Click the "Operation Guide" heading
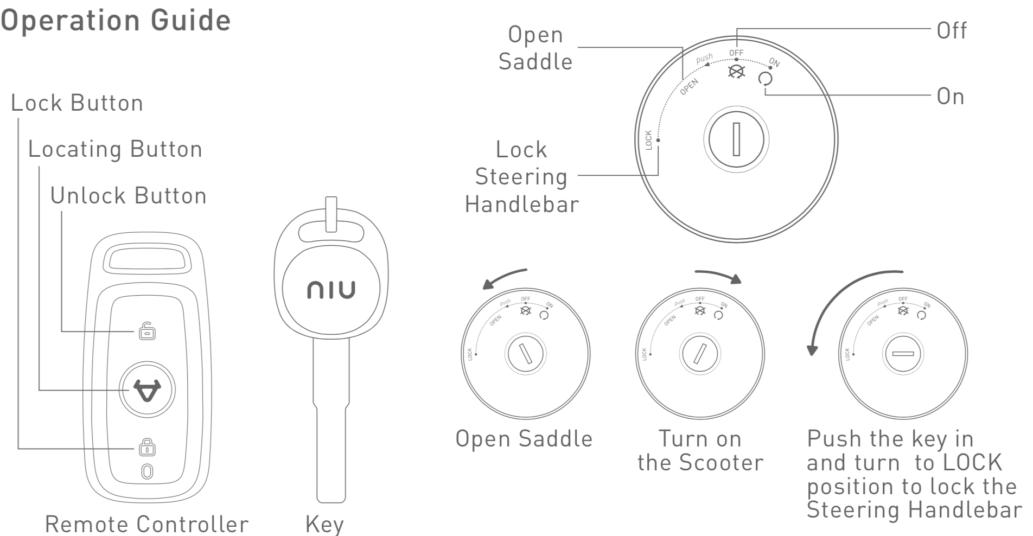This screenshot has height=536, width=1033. tap(116, 21)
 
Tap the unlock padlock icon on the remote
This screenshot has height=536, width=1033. tap(146, 331)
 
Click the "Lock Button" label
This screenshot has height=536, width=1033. tap(77, 103)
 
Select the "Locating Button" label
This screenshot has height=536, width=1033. tap(115, 149)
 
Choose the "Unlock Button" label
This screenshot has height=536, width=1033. tap(129, 196)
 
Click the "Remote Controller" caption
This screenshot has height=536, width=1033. tap(146, 524)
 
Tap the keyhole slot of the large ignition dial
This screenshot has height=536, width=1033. tap(736, 138)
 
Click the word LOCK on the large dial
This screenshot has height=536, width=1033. tap(648, 140)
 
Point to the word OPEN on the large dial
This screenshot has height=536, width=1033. tap(689, 87)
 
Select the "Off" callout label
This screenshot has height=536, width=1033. tap(952, 30)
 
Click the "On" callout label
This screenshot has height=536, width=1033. tap(951, 97)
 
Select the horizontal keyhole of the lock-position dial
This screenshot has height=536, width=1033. tap(903, 354)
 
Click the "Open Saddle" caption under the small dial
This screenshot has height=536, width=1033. tap(524, 438)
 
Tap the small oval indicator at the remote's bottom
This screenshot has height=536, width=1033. tap(146, 471)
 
